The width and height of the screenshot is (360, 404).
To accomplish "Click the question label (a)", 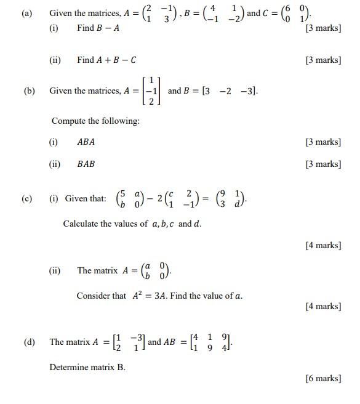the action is pos(26,13).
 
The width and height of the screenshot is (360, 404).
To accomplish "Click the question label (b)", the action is pos(29,91).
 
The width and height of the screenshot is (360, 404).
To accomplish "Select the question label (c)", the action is pos(26,199).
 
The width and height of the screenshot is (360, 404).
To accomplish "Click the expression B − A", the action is pos(106,28).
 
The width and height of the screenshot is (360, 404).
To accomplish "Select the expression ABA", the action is pos(86,142).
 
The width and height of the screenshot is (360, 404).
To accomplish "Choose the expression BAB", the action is pos(86,164).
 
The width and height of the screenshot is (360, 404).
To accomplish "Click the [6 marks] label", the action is pos(323,378).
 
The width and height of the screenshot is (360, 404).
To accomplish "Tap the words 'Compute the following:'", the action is pos(95,121).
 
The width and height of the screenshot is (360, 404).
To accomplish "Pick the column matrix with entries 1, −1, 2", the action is pos(150,91).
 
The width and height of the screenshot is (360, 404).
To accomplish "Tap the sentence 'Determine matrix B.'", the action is pos(87,367).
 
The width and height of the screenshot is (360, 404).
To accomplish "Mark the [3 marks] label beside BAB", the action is pos(323,164).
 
